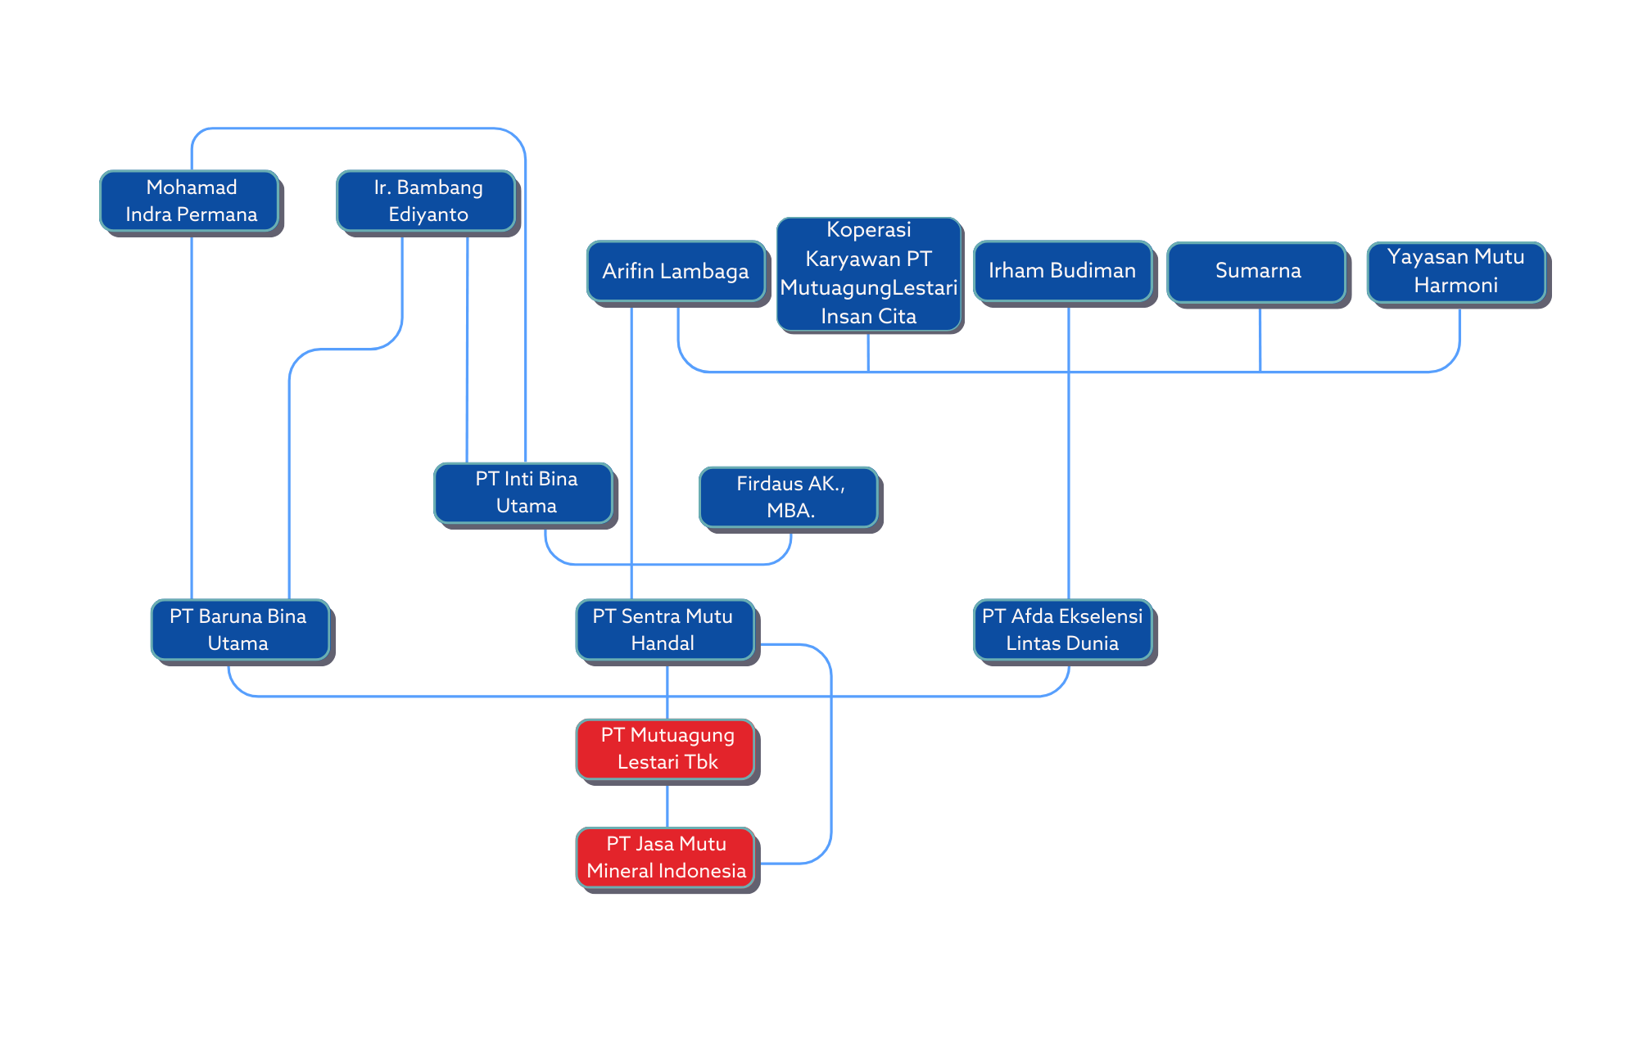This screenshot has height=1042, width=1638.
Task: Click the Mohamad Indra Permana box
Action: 190,201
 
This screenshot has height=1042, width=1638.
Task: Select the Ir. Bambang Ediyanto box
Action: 427,201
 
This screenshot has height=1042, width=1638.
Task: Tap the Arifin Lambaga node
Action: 676,271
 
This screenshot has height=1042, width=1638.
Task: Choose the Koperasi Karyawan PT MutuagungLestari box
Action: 868,273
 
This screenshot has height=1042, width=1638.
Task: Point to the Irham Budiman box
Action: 1062,271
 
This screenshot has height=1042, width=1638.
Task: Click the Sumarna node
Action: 1257,271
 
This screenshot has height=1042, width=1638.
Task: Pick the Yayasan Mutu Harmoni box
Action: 1456,271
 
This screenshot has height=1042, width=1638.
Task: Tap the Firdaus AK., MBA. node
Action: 789,497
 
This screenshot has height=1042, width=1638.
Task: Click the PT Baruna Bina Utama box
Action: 239,629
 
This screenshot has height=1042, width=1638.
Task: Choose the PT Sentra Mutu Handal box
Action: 664,629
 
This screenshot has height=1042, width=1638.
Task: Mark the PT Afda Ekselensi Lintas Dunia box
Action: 1062,629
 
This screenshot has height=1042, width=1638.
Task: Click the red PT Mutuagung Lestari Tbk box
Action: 666,748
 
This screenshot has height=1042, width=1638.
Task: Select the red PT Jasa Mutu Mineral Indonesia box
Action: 666,857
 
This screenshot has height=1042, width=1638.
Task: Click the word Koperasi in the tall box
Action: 868,230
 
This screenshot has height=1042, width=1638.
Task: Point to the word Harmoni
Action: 1455,286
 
